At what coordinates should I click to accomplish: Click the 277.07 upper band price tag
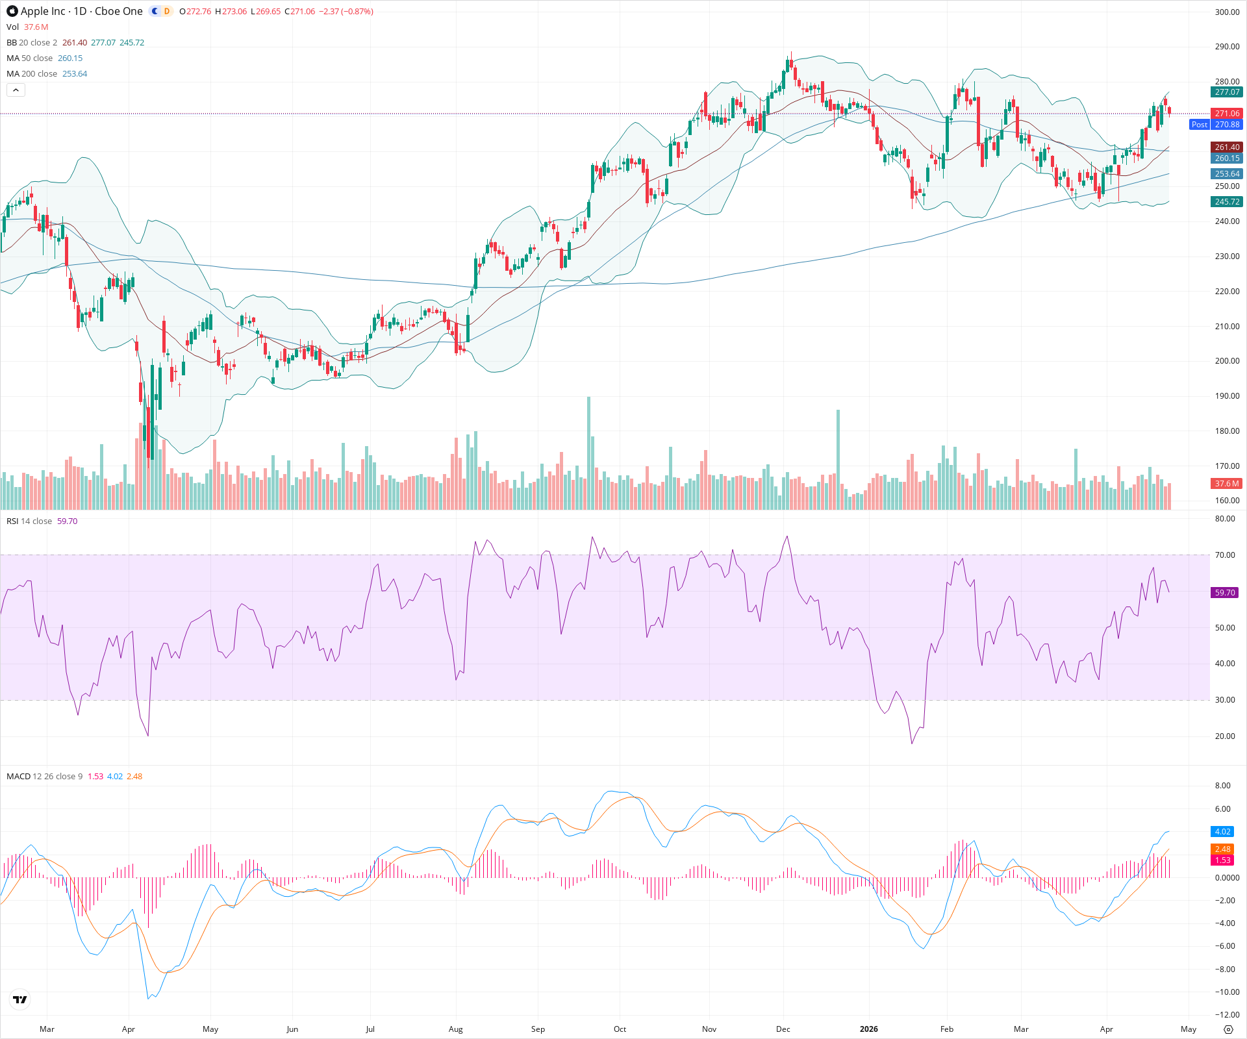[x=1227, y=92]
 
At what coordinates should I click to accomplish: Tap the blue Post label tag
[x=1199, y=125]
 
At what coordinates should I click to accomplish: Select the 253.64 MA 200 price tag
[x=1227, y=174]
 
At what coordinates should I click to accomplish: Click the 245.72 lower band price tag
[x=1227, y=202]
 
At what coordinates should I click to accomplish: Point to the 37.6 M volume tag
[x=1227, y=484]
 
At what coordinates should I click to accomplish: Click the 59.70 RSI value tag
[x=1225, y=593]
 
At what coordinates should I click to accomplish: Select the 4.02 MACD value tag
[x=1222, y=832]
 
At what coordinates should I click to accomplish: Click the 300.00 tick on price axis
[x=1227, y=12]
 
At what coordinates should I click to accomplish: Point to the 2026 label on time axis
[x=868, y=1029]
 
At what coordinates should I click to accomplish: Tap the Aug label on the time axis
[x=455, y=1029]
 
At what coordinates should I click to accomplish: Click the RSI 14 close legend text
[x=29, y=521]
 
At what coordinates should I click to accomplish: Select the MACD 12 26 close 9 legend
[x=44, y=777]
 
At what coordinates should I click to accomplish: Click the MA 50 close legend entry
[x=29, y=58]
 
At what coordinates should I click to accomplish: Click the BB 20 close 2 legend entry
[x=32, y=43]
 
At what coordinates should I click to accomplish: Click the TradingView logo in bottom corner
[x=20, y=1000]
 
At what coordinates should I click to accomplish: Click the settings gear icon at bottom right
[x=1228, y=1029]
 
